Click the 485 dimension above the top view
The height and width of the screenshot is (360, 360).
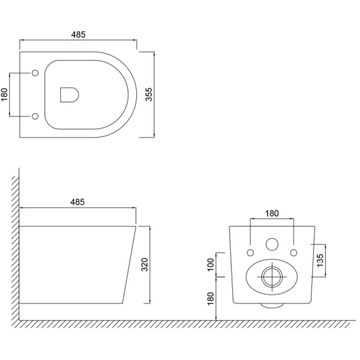[x=78, y=35]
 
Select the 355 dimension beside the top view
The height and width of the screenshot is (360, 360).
[x=149, y=94]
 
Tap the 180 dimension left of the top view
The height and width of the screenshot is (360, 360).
[x=4, y=94]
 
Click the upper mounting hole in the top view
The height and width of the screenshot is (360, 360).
[x=35, y=73]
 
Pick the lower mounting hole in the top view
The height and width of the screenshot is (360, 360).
[x=35, y=116]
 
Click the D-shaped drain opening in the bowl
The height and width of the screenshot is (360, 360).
[x=70, y=95]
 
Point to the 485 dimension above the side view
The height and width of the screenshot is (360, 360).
[x=77, y=202]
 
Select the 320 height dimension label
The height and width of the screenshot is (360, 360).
[x=145, y=265]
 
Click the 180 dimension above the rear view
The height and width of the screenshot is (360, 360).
[x=272, y=214]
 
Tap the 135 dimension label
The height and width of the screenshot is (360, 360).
[x=320, y=260]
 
